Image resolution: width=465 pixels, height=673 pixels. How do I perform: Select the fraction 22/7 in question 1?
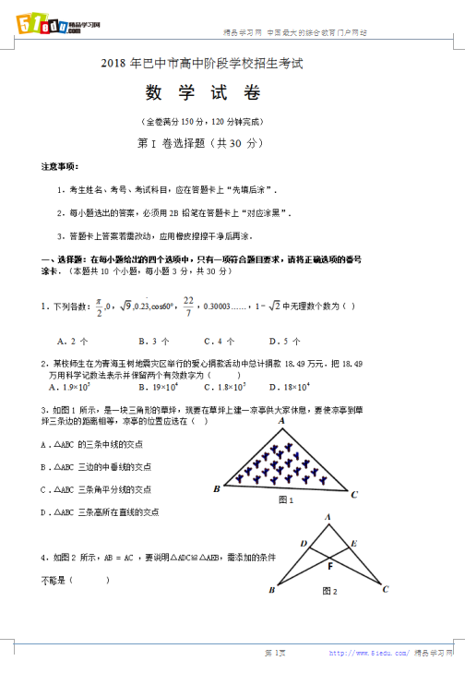[188, 306]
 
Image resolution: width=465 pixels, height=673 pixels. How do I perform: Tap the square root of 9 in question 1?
[125, 306]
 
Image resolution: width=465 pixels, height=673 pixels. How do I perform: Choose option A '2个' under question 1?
[66, 340]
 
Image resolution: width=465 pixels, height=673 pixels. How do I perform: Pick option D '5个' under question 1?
[269, 340]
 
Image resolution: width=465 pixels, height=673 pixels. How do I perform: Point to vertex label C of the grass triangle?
[354, 495]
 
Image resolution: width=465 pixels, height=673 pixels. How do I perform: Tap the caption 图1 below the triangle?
[285, 500]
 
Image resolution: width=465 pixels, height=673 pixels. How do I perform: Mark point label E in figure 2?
[353, 543]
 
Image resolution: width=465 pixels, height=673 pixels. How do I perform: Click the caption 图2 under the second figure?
[329, 591]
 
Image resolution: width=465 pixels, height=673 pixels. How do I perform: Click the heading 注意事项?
[60, 166]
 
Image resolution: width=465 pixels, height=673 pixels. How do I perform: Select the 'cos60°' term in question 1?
[162, 306]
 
